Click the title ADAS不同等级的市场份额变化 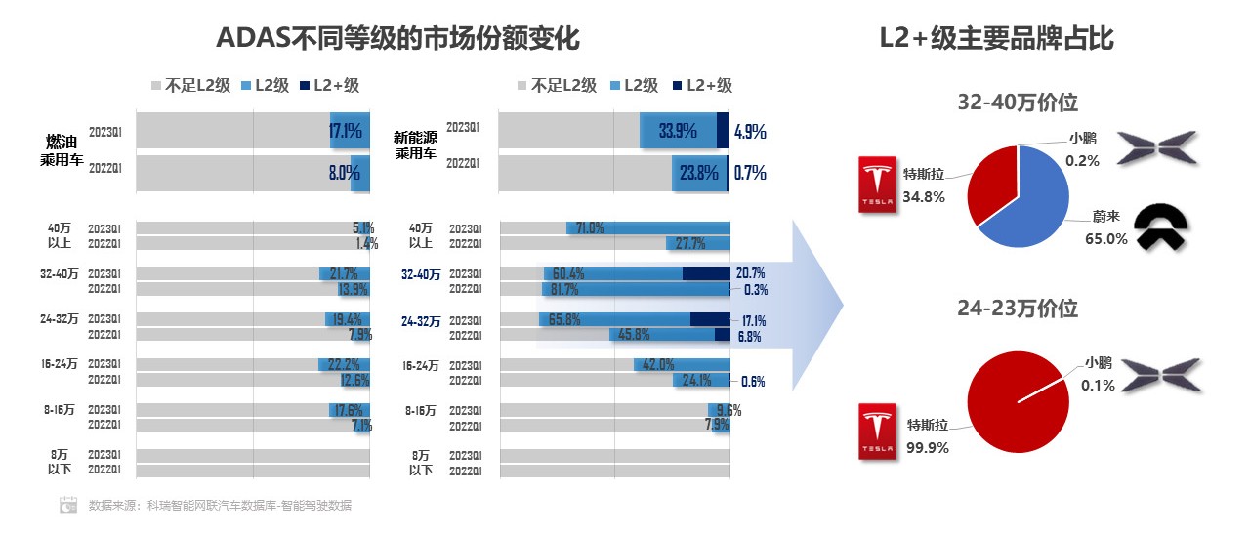click(x=397, y=38)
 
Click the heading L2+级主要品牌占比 click(x=996, y=38)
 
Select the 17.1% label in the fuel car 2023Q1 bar click(x=346, y=130)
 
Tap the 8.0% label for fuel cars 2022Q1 click(x=344, y=174)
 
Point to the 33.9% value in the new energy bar click(x=678, y=130)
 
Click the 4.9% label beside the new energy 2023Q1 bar click(x=749, y=130)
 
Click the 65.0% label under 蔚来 click(x=1106, y=238)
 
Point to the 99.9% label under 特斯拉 click(x=928, y=448)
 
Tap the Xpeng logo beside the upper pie click(x=1157, y=146)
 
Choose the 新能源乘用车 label click(x=415, y=145)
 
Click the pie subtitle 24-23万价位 click(x=1018, y=309)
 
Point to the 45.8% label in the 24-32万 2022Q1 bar click(x=635, y=335)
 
